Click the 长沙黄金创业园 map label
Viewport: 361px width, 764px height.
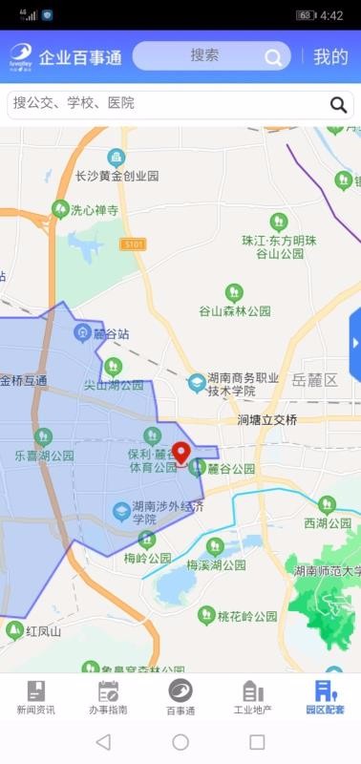pos(117,176)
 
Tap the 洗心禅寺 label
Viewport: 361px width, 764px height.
pos(94,210)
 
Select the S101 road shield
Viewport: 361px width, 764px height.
pos(134,244)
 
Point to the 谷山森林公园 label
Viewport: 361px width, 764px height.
pos(235,310)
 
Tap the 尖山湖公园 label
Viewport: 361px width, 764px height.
pos(113,385)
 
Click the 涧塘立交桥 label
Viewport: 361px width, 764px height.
pos(267,420)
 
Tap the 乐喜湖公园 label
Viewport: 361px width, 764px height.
pos(44,456)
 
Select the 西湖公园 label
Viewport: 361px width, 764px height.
pos(328,522)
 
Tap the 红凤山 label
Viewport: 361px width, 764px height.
pos(43,631)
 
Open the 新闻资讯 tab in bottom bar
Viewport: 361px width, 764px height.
pos(35,697)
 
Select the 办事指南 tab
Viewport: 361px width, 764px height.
pos(108,697)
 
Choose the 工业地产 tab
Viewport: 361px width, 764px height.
pos(253,697)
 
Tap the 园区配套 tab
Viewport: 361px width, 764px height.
pos(325,697)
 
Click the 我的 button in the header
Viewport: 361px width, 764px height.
pos(330,56)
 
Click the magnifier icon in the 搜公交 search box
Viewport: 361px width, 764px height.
pos(338,104)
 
